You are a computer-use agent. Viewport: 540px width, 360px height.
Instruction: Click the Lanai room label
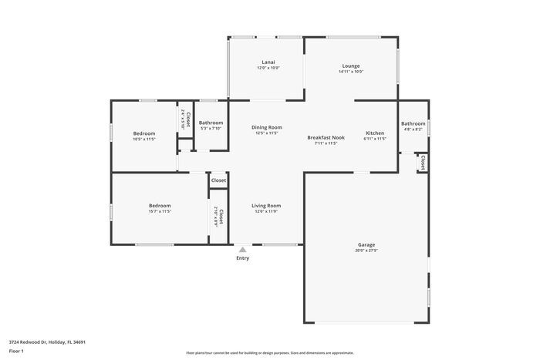point(268,62)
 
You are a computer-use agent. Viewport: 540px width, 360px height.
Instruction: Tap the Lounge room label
point(351,66)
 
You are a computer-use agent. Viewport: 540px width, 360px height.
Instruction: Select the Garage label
point(366,244)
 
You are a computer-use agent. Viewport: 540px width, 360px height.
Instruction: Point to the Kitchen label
point(375,133)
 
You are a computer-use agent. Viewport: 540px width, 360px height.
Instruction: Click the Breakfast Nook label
point(326,138)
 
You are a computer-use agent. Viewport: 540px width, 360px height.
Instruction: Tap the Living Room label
point(266,206)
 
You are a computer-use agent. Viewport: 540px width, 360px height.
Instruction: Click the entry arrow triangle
point(242,250)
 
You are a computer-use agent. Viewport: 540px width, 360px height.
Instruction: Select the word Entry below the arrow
point(242,258)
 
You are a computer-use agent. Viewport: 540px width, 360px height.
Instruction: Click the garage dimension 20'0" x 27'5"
point(366,251)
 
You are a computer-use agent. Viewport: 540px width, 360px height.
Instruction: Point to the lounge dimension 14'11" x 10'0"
point(351,72)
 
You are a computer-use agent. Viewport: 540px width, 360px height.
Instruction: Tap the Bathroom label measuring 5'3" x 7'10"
point(211,123)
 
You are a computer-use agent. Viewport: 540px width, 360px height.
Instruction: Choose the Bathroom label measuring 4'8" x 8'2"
point(413,123)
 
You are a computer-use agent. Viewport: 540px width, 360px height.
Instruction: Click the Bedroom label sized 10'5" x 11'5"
point(144,133)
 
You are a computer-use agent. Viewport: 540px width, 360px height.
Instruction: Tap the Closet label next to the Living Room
point(219,180)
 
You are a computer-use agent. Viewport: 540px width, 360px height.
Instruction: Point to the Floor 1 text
point(17,351)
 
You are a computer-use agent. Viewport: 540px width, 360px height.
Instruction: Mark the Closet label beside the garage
point(423,163)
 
